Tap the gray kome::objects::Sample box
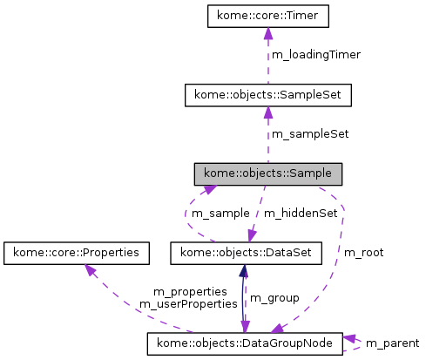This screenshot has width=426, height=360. [x=267, y=173]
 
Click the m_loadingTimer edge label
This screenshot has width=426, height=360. [x=316, y=54]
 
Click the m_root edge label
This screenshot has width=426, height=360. [x=364, y=253]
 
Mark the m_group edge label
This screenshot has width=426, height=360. [x=274, y=298]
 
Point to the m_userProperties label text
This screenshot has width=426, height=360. [x=188, y=304]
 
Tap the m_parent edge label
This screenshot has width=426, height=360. [x=393, y=343]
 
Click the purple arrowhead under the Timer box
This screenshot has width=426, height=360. [x=267, y=33]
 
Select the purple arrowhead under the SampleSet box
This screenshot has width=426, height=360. [x=267, y=112]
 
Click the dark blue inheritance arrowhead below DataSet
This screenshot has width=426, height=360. [x=241, y=271]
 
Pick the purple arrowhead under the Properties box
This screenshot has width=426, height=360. [x=88, y=270]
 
